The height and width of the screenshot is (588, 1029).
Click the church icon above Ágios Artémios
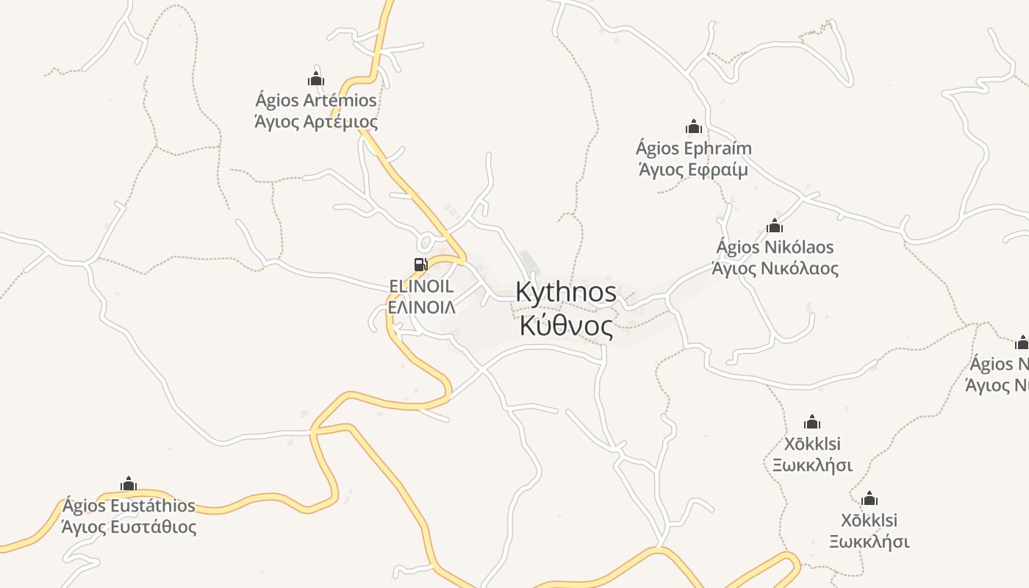316,79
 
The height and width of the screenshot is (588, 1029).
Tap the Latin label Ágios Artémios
316,100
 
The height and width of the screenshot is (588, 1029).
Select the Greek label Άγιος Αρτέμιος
316,121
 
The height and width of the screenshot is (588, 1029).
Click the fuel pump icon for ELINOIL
420,265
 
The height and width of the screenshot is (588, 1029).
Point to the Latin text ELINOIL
421,286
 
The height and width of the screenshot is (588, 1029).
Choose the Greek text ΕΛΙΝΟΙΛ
421,306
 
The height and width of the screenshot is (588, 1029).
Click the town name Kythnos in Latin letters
566,292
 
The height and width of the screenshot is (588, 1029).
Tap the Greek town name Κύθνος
566,326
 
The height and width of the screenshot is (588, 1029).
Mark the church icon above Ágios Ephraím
693,127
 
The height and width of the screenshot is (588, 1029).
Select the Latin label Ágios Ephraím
693,148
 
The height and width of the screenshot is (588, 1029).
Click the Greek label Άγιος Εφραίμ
693,170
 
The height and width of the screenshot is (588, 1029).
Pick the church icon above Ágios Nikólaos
775,226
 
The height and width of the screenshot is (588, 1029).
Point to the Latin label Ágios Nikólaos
775,247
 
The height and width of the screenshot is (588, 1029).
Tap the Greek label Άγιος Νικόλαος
775,268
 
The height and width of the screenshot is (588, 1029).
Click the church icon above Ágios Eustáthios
129,484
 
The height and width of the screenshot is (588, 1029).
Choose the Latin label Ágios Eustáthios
129,506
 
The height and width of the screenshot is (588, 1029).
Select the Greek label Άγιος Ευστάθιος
129,527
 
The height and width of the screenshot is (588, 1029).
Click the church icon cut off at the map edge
1022,343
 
